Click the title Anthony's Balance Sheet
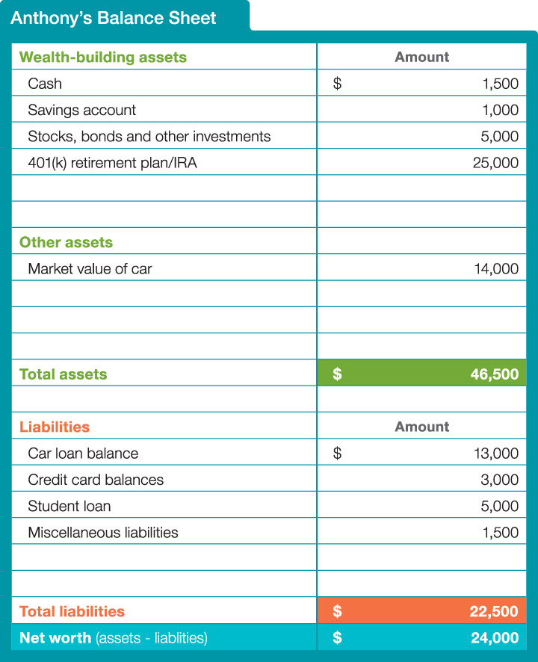(114, 17)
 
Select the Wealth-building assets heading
(103, 57)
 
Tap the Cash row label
(45, 84)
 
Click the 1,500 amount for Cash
(500, 84)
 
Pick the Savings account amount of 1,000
(500, 110)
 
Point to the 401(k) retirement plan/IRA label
(112, 163)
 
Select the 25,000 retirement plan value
(495, 163)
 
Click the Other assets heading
(66, 242)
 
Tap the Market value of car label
(90, 269)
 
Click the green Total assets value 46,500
(494, 374)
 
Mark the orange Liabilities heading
(55, 427)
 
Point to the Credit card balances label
(96, 480)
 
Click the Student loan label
(69, 507)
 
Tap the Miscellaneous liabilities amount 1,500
(500, 533)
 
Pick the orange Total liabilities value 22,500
(494, 611)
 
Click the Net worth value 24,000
(494, 638)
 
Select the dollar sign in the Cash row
(337, 84)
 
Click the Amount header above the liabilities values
(422, 427)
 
